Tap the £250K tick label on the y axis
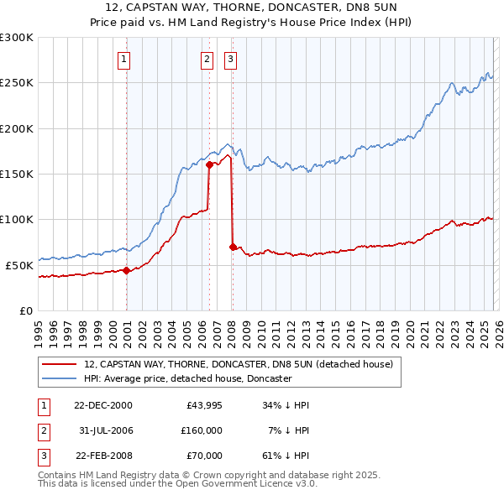17,83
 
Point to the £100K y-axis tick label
17,219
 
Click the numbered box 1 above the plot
123,59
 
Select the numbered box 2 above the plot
207,59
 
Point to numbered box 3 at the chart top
229,59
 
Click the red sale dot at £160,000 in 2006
209,164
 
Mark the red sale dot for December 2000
127,270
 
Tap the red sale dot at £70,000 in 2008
233,247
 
